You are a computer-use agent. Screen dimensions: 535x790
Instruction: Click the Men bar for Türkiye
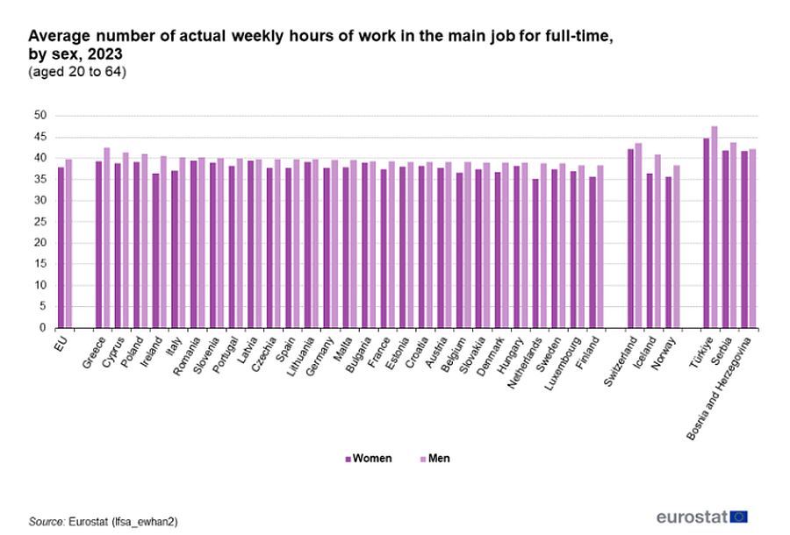pyautogui.click(x=715, y=227)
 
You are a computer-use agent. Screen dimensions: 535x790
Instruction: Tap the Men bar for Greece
pyautogui.click(x=107, y=238)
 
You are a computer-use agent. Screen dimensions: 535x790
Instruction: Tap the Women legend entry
pyautogui.click(x=369, y=459)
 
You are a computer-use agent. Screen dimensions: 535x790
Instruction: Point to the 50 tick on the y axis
pyautogui.click(x=39, y=116)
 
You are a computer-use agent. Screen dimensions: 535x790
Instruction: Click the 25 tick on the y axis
pyautogui.click(x=39, y=222)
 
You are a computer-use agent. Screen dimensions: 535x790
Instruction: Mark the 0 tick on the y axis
pyautogui.click(x=42, y=328)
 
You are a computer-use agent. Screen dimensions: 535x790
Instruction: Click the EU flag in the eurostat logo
pyautogui.click(x=738, y=516)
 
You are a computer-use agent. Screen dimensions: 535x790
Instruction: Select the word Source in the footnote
pyautogui.click(x=47, y=521)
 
